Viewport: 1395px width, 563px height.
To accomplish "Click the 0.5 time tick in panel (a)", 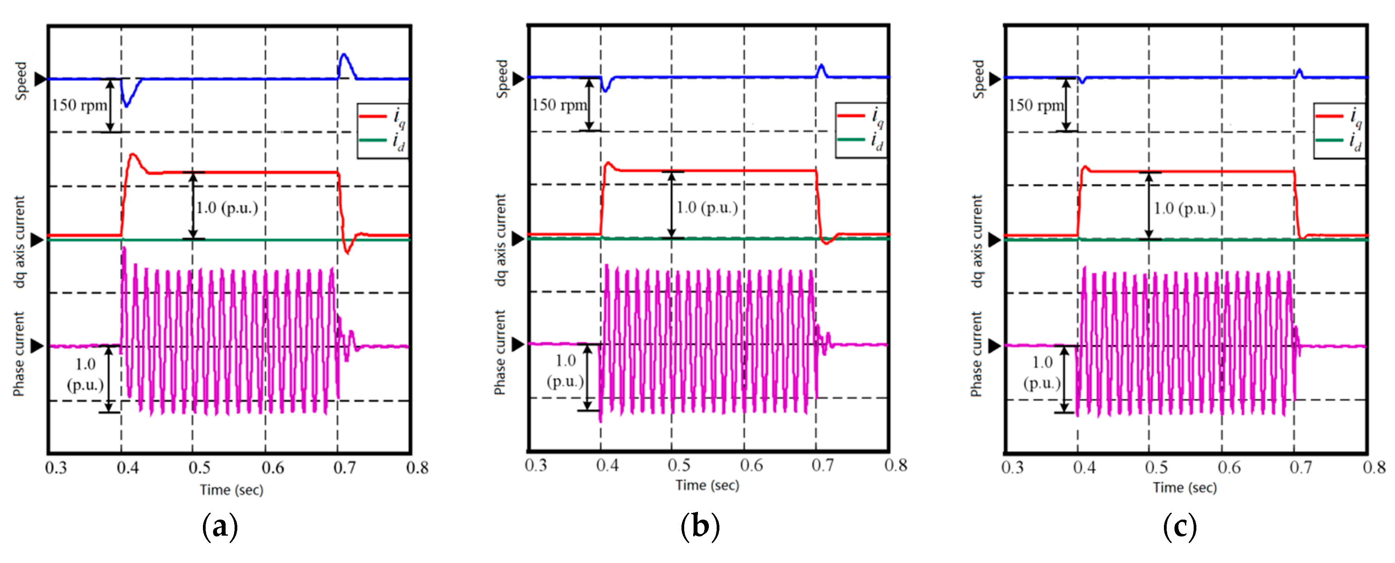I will click(x=199, y=467).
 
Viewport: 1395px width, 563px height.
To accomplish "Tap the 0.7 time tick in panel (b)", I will click(x=823, y=465).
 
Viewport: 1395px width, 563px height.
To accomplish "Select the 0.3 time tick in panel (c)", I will click(x=1012, y=467).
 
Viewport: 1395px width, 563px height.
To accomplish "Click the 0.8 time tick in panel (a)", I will click(x=417, y=467).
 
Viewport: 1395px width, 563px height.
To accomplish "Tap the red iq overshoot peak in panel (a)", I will click(x=133, y=156).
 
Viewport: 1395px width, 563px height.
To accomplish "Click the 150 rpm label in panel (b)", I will click(x=559, y=105).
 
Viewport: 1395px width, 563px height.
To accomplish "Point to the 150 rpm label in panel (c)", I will click(x=1035, y=105).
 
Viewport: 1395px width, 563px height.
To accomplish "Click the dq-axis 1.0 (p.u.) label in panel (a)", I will click(x=226, y=208).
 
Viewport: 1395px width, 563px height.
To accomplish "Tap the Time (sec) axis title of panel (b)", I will click(x=707, y=485).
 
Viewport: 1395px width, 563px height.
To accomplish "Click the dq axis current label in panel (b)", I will click(x=500, y=240).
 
